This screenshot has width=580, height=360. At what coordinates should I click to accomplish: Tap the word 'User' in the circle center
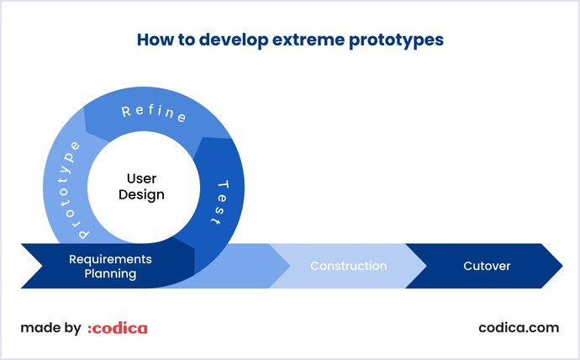click(x=141, y=178)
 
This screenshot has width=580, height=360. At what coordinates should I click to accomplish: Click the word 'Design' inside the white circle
click(x=141, y=195)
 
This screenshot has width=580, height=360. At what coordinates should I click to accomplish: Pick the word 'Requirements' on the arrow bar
click(x=110, y=258)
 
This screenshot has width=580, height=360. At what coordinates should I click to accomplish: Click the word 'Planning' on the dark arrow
click(x=110, y=273)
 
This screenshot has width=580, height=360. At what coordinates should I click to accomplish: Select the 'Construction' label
click(x=348, y=266)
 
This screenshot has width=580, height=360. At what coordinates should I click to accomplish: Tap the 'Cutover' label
click(x=487, y=266)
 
